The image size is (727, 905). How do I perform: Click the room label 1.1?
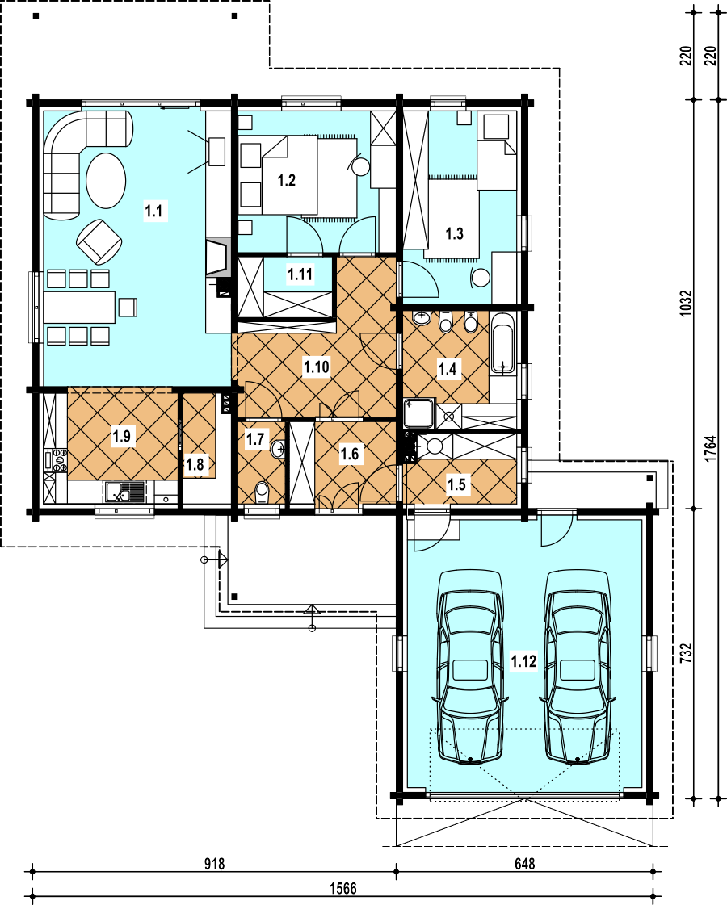pyautogui.click(x=153, y=211)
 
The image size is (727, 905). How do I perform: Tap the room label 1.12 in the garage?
pyautogui.click(x=523, y=661)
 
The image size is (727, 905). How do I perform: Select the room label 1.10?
pyautogui.click(x=317, y=367)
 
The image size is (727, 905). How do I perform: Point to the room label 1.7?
pyautogui.click(x=255, y=438)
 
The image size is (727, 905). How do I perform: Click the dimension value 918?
pyautogui.click(x=214, y=864)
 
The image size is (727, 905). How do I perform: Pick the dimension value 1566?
pyautogui.click(x=343, y=888)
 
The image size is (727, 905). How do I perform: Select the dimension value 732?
pyautogui.click(x=686, y=653)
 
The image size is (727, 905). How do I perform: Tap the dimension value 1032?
pyautogui.click(x=686, y=303)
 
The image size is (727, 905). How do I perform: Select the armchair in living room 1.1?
pyautogui.click(x=99, y=241)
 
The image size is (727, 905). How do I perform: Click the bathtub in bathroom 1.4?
pyautogui.click(x=503, y=343)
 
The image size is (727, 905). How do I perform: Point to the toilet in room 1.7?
pyautogui.click(x=263, y=492)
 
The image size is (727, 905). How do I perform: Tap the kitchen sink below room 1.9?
pyautogui.click(x=124, y=492)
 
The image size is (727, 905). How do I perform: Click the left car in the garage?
pyautogui.click(x=471, y=668)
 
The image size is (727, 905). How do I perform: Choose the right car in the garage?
pyautogui.click(x=578, y=668)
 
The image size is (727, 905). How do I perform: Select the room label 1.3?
pyautogui.click(x=455, y=234)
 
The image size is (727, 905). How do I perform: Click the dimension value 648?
pyautogui.click(x=524, y=864)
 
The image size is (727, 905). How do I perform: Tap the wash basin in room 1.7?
pyautogui.click(x=279, y=448)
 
